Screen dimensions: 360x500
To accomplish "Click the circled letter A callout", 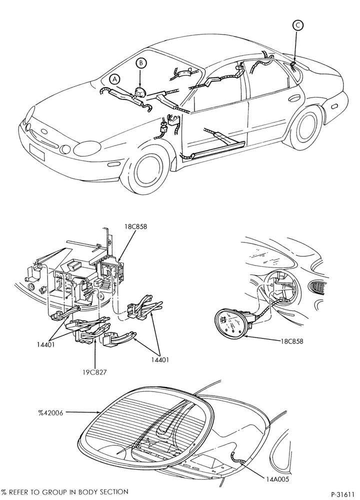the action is [115, 79].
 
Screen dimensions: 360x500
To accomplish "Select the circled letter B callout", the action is [141, 63].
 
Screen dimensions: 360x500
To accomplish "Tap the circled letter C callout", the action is [297, 25].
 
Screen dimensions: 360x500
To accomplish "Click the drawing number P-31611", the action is [343, 494].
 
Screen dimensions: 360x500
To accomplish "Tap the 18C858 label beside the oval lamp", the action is [292, 341].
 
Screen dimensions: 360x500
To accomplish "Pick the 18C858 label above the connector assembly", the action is [136, 226].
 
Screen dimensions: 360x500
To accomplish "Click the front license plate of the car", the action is [37, 151].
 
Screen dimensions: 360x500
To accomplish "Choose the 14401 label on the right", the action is [159, 359].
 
